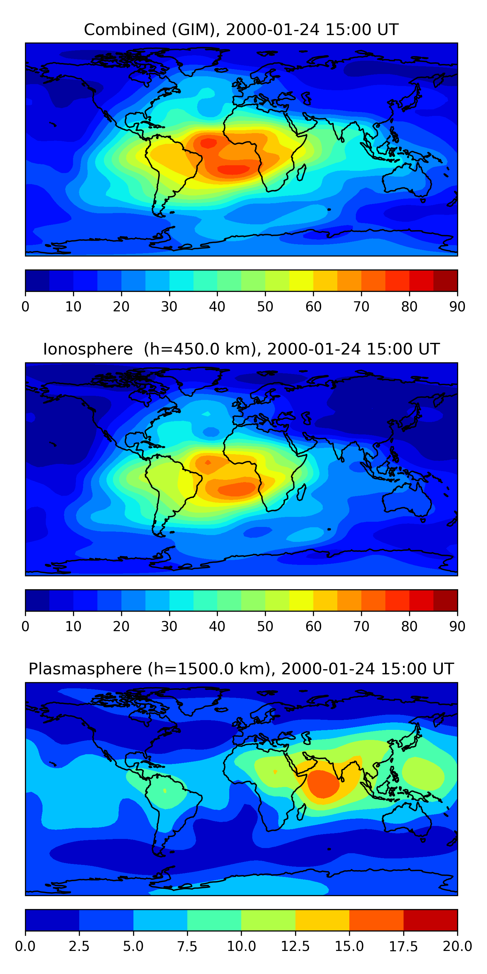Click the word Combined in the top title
tap(125, 30)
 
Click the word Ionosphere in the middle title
tap(88, 349)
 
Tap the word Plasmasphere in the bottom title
tap(85, 669)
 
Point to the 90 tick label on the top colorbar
tap(457, 306)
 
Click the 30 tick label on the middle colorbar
tap(169, 627)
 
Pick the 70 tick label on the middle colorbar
tap(361, 627)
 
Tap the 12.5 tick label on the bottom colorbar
tap(295, 946)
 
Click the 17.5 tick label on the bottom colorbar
tap(404, 946)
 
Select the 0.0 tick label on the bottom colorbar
tap(25, 946)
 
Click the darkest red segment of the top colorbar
tap(445, 281)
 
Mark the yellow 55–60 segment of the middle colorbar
tap(301, 600)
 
